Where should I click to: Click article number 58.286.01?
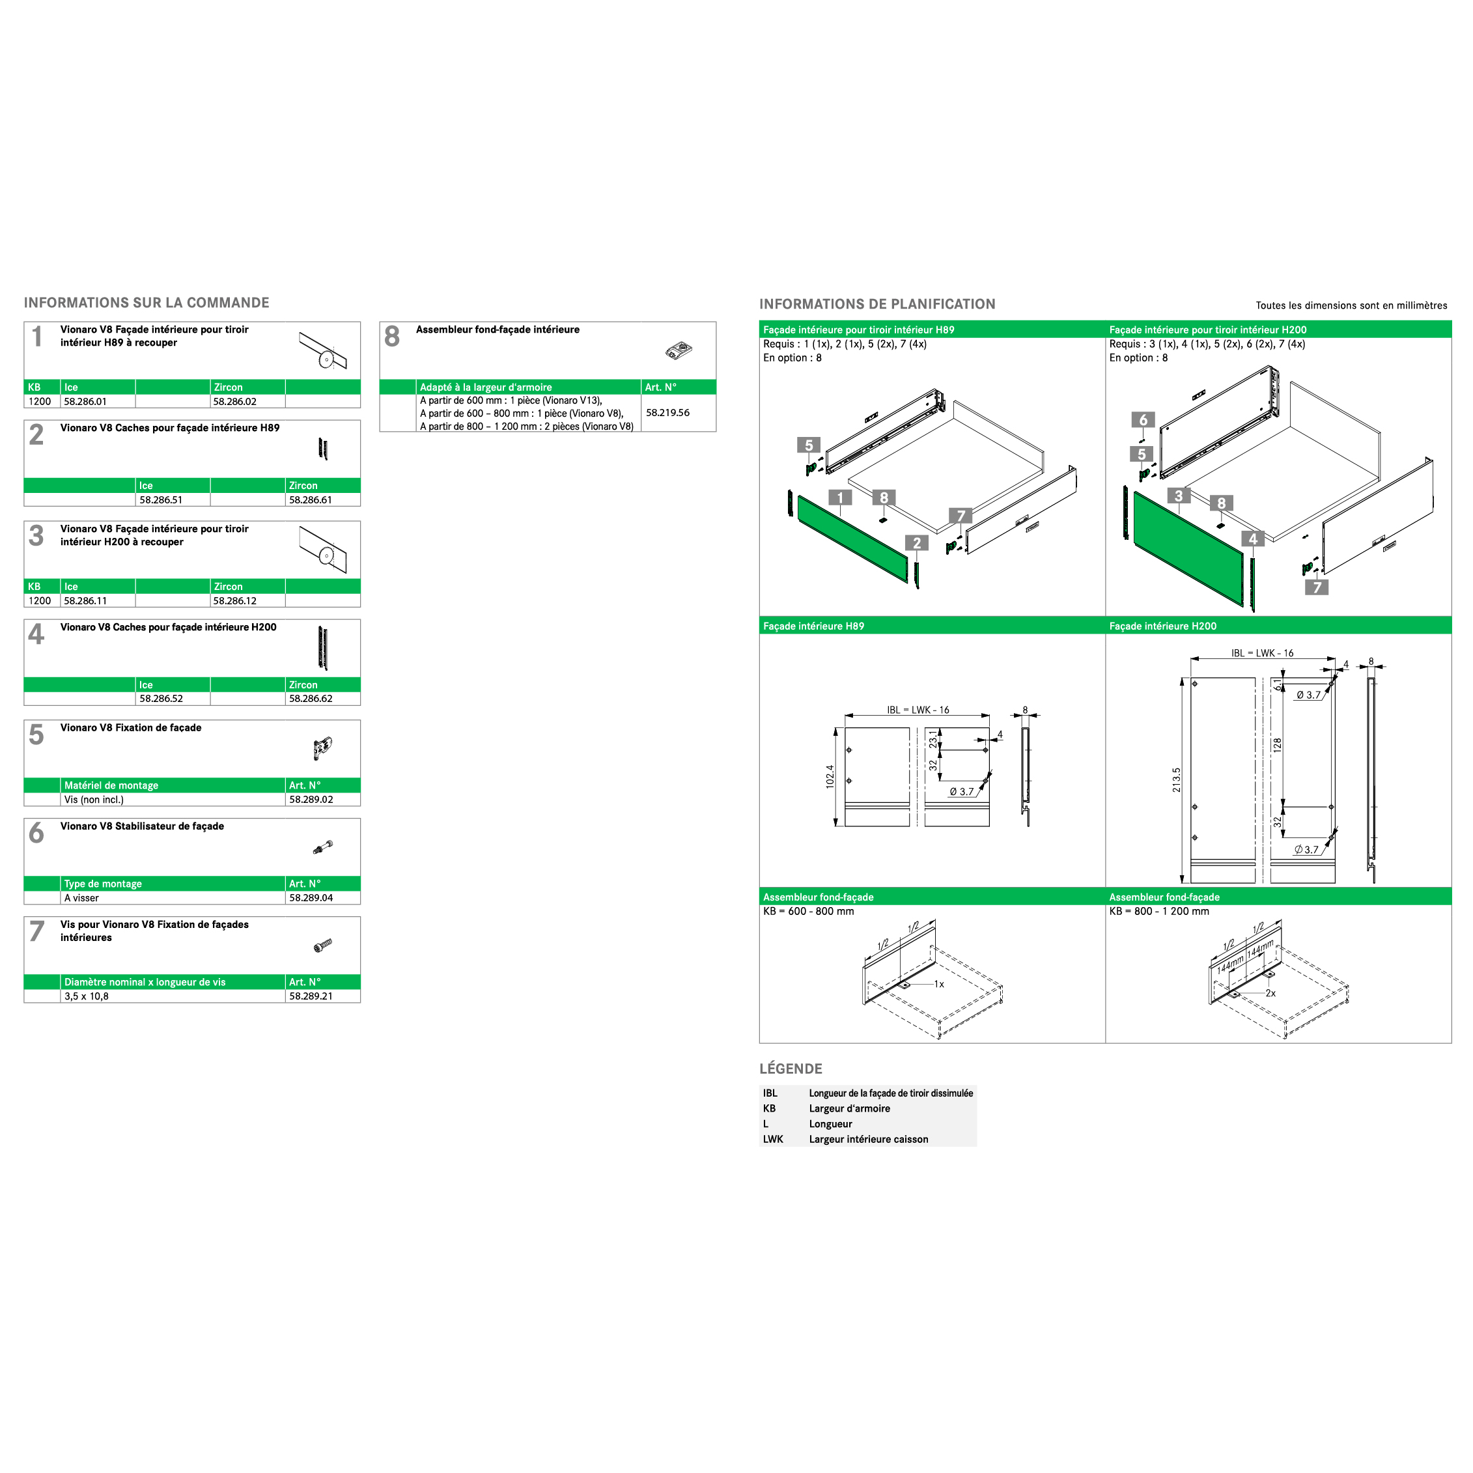point(85,402)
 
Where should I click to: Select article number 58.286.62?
point(311,698)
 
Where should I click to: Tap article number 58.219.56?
point(668,412)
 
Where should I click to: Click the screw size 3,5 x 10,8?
point(86,996)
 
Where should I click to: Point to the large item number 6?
point(36,833)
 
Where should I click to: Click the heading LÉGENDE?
point(791,1069)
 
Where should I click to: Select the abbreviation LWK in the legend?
point(773,1139)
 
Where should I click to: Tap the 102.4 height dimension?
point(830,777)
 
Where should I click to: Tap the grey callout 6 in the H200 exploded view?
point(1143,420)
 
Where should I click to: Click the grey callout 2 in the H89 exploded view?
point(917,543)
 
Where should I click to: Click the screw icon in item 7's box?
point(323,946)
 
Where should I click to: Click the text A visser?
point(81,898)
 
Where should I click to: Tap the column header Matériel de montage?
point(111,785)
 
